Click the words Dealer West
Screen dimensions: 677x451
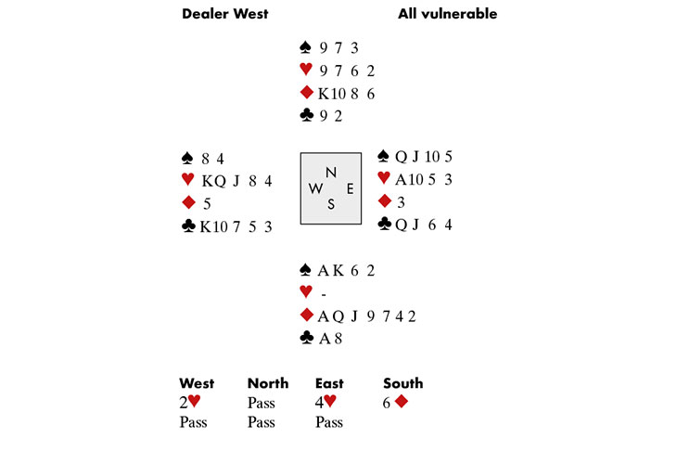point(225,14)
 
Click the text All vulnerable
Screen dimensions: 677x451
point(447,14)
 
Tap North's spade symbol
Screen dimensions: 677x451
point(305,47)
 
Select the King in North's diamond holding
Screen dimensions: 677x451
point(324,94)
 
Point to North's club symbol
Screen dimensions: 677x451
point(307,115)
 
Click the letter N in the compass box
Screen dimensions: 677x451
point(331,173)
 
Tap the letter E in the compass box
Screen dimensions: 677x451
point(351,188)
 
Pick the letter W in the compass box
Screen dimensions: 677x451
point(315,188)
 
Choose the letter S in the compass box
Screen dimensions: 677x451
point(331,204)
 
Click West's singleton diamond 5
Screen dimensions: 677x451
point(207,204)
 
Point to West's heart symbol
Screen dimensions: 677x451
point(188,179)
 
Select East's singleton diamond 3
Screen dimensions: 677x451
point(401,202)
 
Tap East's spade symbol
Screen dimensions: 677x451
point(383,156)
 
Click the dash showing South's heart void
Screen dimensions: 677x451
point(324,295)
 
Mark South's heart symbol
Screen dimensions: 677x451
point(306,291)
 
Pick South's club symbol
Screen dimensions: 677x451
point(307,338)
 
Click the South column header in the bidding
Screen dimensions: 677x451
point(402,383)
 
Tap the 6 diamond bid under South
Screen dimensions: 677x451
point(395,402)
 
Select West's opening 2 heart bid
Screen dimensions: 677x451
point(190,402)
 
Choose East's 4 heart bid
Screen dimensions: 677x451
point(326,402)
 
